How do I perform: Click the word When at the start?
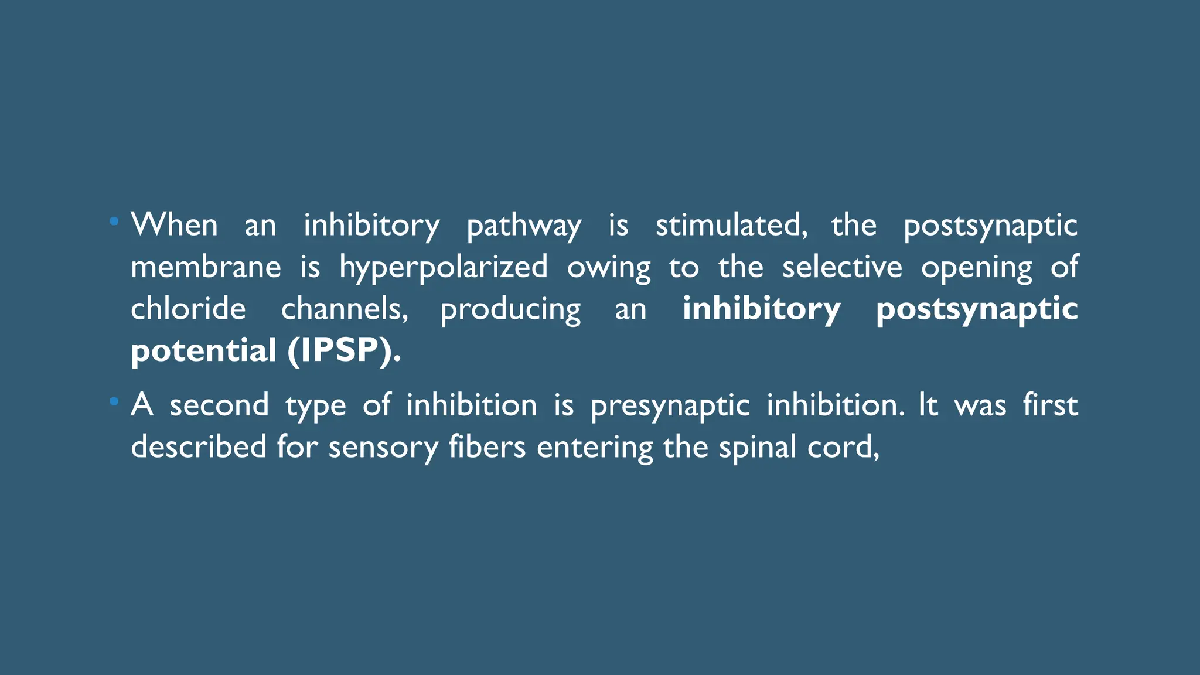click(x=174, y=225)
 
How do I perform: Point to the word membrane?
click(x=206, y=267)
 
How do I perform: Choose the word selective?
click(x=842, y=267)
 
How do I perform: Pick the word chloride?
click(x=188, y=309)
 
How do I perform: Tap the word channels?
click(x=344, y=309)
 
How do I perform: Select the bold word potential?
click(x=203, y=351)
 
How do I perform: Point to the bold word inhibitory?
click(x=761, y=309)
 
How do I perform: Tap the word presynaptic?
click(x=670, y=405)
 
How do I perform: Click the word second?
click(x=219, y=405)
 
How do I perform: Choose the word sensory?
click(x=383, y=448)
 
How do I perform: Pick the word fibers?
click(x=487, y=446)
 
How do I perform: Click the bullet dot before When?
click(x=114, y=221)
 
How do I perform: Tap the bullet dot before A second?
click(x=114, y=401)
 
